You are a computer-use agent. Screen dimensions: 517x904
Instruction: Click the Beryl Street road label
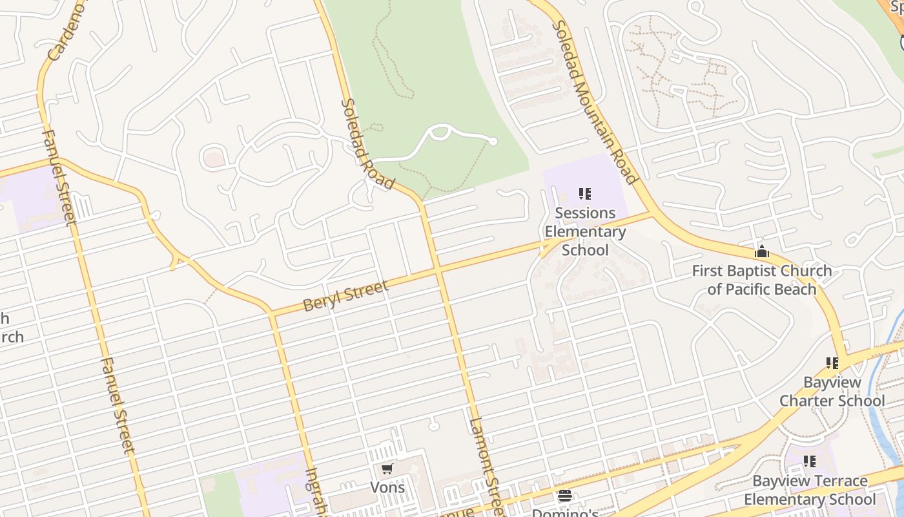(x=345, y=295)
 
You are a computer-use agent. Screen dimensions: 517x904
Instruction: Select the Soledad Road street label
(x=367, y=144)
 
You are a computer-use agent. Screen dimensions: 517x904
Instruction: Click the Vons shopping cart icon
(x=387, y=469)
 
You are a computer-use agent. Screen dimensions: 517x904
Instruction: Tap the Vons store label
(x=387, y=487)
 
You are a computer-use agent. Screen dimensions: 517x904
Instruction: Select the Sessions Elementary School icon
(x=585, y=194)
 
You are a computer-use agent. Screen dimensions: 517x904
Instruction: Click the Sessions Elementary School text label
(x=585, y=231)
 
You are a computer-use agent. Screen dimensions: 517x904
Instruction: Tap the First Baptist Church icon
(x=762, y=251)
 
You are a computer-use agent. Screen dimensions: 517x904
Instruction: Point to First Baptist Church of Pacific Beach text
(x=762, y=280)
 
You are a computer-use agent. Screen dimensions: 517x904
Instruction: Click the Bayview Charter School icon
(x=832, y=364)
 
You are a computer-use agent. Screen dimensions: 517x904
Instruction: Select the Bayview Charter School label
(x=832, y=392)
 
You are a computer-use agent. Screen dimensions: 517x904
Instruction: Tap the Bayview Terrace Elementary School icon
(x=810, y=461)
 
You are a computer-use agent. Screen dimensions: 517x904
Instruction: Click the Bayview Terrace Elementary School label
(x=810, y=490)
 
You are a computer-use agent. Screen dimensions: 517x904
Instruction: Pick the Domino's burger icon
(x=565, y=496)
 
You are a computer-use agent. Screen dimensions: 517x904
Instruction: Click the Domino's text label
(x=565, y=512)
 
